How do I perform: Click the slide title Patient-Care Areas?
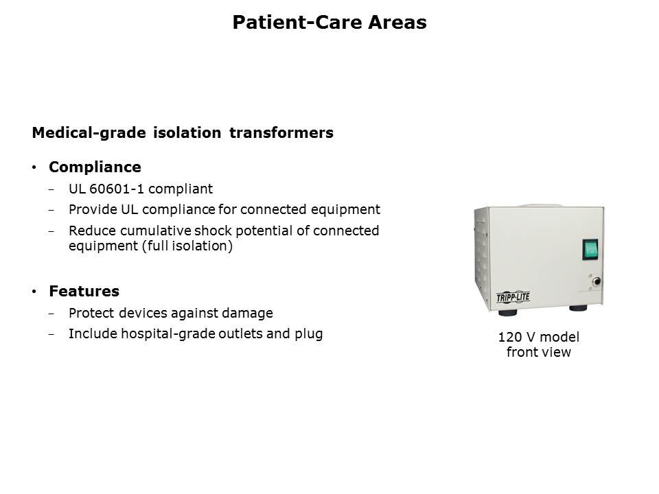329,22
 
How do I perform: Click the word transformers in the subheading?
281,132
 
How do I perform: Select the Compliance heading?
95,167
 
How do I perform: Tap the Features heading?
84,291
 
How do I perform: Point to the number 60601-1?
117,189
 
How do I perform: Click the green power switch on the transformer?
590,250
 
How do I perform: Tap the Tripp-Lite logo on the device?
513,297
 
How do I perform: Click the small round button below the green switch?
596,281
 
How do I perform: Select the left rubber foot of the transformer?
508,313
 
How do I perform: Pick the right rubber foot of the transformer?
578,308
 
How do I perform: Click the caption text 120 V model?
539,337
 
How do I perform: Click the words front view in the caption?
539,352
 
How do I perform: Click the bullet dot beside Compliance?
34,167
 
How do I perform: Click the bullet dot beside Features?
34,292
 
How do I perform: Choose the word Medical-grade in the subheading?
89,133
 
